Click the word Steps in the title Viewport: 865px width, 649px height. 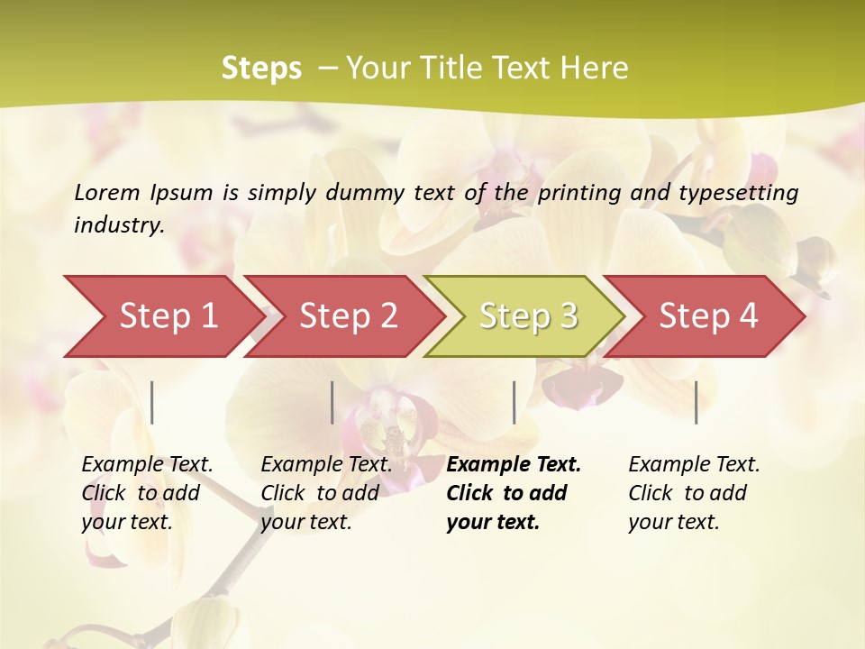click(x=261, y=69)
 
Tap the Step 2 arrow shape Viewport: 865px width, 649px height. click(x=348, y=316)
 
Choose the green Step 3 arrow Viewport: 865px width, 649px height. click(x=528, y=316)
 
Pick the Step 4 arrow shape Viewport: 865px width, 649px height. click(x=708, y=316)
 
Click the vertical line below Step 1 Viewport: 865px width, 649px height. click(x=152, y=402)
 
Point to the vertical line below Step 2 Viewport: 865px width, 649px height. click(x=332, y=402)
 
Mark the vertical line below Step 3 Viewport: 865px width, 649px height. click(x=514, y=402)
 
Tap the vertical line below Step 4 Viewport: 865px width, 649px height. click(x=696, y=402)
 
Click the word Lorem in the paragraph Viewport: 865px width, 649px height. click(x=107, y=193)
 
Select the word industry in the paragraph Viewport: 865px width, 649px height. click(x=119, y=225)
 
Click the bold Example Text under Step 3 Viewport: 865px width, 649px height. click(x=514, y=465)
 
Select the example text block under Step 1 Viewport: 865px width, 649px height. click(x=147, y=493)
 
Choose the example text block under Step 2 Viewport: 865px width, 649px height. click(x=326, y=493)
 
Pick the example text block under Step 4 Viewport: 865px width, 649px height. click(x=694, y=493)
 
